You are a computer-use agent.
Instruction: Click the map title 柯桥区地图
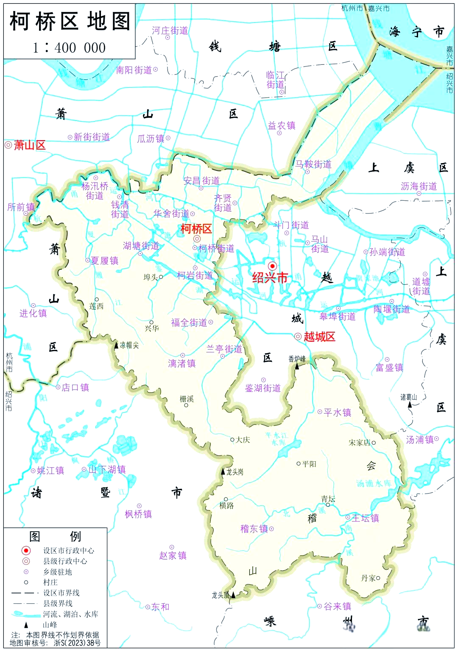70,21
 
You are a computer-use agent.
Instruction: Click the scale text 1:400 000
70,47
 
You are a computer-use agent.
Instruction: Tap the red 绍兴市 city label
270,277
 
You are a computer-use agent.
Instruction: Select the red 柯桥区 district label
196,229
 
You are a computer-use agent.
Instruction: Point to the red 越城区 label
319,337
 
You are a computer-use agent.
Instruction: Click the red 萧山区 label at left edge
29,145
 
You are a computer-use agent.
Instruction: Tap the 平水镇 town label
337,412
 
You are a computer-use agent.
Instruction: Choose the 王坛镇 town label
365,518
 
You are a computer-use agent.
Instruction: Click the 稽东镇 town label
254,529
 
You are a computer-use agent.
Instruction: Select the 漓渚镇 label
182,363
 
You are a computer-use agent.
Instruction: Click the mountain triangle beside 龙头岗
223,471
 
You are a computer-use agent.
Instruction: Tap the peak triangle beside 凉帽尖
116,345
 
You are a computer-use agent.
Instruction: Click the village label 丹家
368,578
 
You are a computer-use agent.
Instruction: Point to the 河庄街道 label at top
170,31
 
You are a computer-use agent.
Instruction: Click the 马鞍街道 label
313,164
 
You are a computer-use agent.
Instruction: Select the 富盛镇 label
389,368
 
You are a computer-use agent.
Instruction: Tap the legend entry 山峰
50,624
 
